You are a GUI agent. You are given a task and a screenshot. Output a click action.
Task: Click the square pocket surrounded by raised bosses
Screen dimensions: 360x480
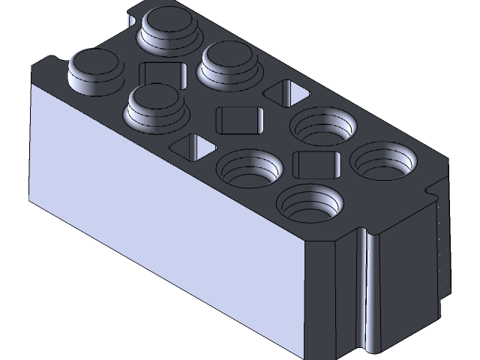[x=162, y=76]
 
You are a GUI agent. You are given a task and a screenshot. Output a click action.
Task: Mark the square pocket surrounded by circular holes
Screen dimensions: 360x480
[x=316, y=163]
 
